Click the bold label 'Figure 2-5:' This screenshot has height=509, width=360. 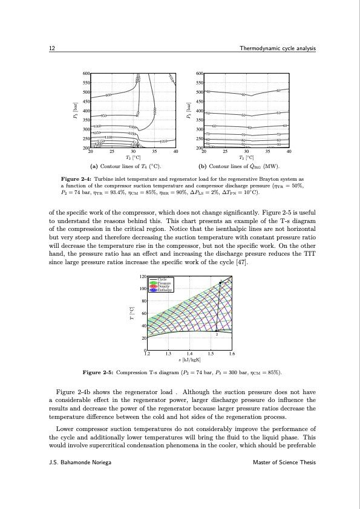[98, 372]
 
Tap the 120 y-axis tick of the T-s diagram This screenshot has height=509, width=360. [142, 276]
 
